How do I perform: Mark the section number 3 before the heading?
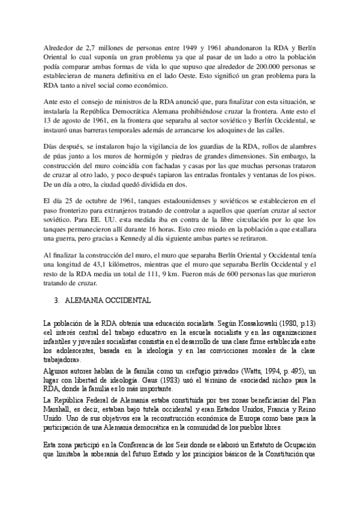coord(55,299)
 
